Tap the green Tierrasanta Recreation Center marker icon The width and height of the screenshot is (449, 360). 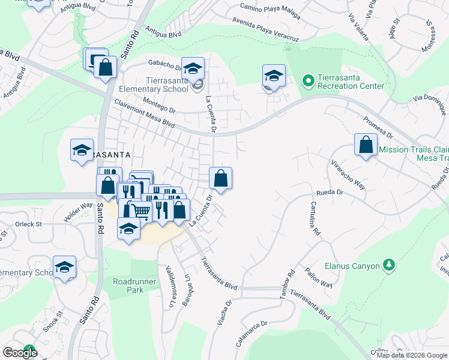pyautogui.click(x=308, y=79)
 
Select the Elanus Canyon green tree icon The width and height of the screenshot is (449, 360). pyautogui.click(x=388, y=265)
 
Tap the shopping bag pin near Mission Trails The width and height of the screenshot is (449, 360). pyautogui.click(x=366, y=145)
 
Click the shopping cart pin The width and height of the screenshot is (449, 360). pyautogui.click(x=139, y=210)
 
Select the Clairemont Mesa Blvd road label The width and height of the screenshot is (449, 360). pyautogui.click(x=144, y=113)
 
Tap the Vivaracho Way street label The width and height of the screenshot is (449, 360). pyautogui.click(x=348, y=175)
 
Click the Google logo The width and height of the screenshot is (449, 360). pyautogui.click(x=20, y=352)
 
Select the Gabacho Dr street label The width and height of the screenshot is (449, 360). pyautogui.click(x=161, y=65)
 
